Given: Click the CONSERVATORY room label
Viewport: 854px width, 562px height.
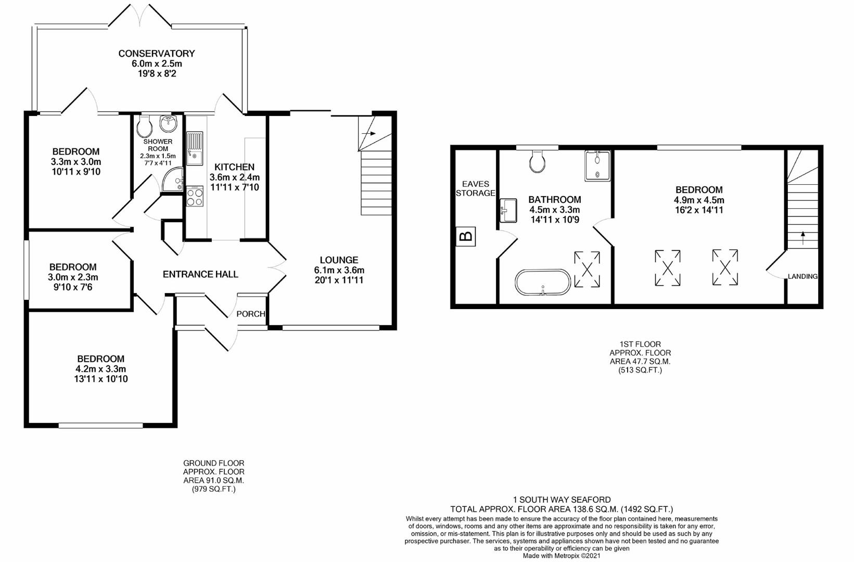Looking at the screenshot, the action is click(156, 54).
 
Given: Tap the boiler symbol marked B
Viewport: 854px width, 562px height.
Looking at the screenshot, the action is click(465, 236).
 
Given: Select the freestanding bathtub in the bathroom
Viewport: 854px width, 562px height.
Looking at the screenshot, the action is click(543, 283).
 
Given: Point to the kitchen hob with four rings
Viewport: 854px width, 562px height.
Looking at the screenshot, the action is click(195, 196).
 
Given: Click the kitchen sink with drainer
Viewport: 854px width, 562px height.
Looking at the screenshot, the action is click(195, 148).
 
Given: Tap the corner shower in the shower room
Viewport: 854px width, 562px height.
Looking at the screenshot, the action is click(173, 180).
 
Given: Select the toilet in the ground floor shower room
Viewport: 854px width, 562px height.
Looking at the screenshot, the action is click(144, 126).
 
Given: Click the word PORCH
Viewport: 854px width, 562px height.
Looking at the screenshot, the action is click(250, 314).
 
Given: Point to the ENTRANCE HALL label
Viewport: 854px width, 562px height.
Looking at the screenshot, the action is click(200, 274).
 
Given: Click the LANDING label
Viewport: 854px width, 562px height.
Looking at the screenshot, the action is click(802, 276).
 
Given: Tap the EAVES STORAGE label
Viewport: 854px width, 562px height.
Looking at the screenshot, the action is click(476, 188).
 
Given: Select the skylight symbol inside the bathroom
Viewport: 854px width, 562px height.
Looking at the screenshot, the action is click(587, 269).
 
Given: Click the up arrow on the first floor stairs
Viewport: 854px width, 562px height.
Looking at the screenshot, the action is click(803, 238).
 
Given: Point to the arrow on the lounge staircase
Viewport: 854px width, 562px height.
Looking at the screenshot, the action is click(368, 133).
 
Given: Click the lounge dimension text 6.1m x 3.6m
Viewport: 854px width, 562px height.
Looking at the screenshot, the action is click(339, 270).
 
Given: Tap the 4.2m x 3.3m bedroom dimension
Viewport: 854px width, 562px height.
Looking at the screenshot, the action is click(100, 369).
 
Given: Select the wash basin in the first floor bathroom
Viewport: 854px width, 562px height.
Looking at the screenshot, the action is click(508, 210).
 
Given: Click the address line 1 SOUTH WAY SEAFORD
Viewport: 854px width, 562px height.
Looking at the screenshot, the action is click(562, 500).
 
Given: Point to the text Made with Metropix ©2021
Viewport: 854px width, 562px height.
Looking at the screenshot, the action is click(562, 556).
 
